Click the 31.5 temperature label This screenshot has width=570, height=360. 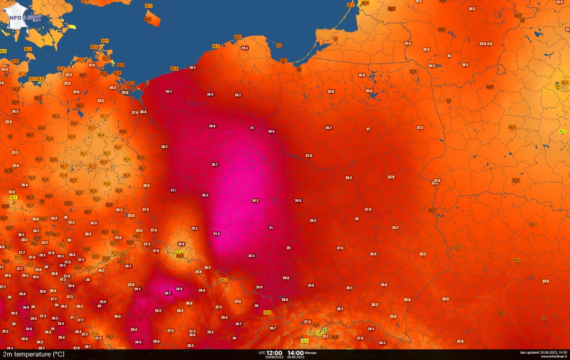(216, 234)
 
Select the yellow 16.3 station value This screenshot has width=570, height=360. (562, 131)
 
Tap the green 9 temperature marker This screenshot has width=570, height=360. (324, 330)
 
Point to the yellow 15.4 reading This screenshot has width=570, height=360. (305, 341)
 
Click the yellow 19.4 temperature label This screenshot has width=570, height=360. (267, 312)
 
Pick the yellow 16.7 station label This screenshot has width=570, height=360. (13, 197)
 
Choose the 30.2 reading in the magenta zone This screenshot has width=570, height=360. (255, 200)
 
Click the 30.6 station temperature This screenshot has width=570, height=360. (271, 131)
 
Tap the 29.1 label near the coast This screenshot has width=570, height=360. (192, 68)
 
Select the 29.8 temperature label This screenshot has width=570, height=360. (311, 285)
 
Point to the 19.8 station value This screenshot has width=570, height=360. (107, 184)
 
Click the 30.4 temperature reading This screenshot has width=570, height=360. (60, 323)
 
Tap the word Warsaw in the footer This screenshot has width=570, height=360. (311, 353)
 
